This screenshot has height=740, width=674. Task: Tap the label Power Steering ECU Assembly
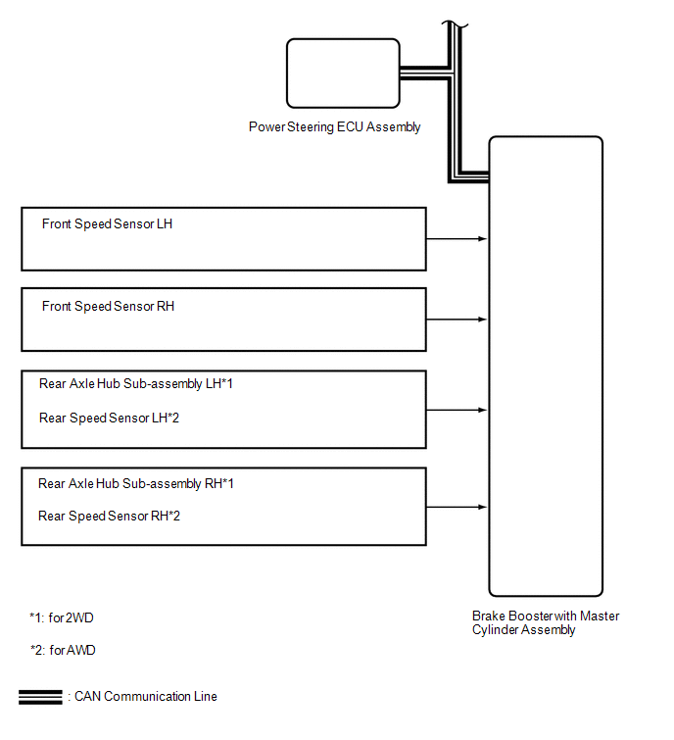pos(334,127)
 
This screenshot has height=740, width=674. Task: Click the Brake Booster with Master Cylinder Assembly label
pos(546,623)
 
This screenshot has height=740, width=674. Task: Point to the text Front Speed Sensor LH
pos(107,223)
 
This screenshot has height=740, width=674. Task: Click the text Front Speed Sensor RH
pos(108,306)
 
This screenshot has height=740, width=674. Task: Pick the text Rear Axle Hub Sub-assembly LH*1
pos(136,383)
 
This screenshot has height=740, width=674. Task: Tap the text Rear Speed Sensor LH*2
pos(109,419)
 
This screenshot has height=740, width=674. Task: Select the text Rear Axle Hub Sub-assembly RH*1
pos(136,484)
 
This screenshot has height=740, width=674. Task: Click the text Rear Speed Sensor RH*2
pos(109,517)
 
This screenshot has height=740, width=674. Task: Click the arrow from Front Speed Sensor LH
pos(457,239)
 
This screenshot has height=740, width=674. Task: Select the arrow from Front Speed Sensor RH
pos(457,320)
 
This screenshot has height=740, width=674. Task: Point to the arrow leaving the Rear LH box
pos(457,410)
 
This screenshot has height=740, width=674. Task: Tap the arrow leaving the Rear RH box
pos(457,508)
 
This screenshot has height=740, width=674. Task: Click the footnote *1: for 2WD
pos(62,617)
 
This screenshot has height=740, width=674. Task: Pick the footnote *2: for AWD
pos(63,651)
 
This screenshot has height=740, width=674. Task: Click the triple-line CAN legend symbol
pos(40,697)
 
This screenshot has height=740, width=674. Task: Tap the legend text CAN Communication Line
pos(146,697)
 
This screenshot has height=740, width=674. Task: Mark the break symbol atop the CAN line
pos(456,25)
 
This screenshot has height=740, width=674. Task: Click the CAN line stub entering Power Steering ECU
pos(423,74)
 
